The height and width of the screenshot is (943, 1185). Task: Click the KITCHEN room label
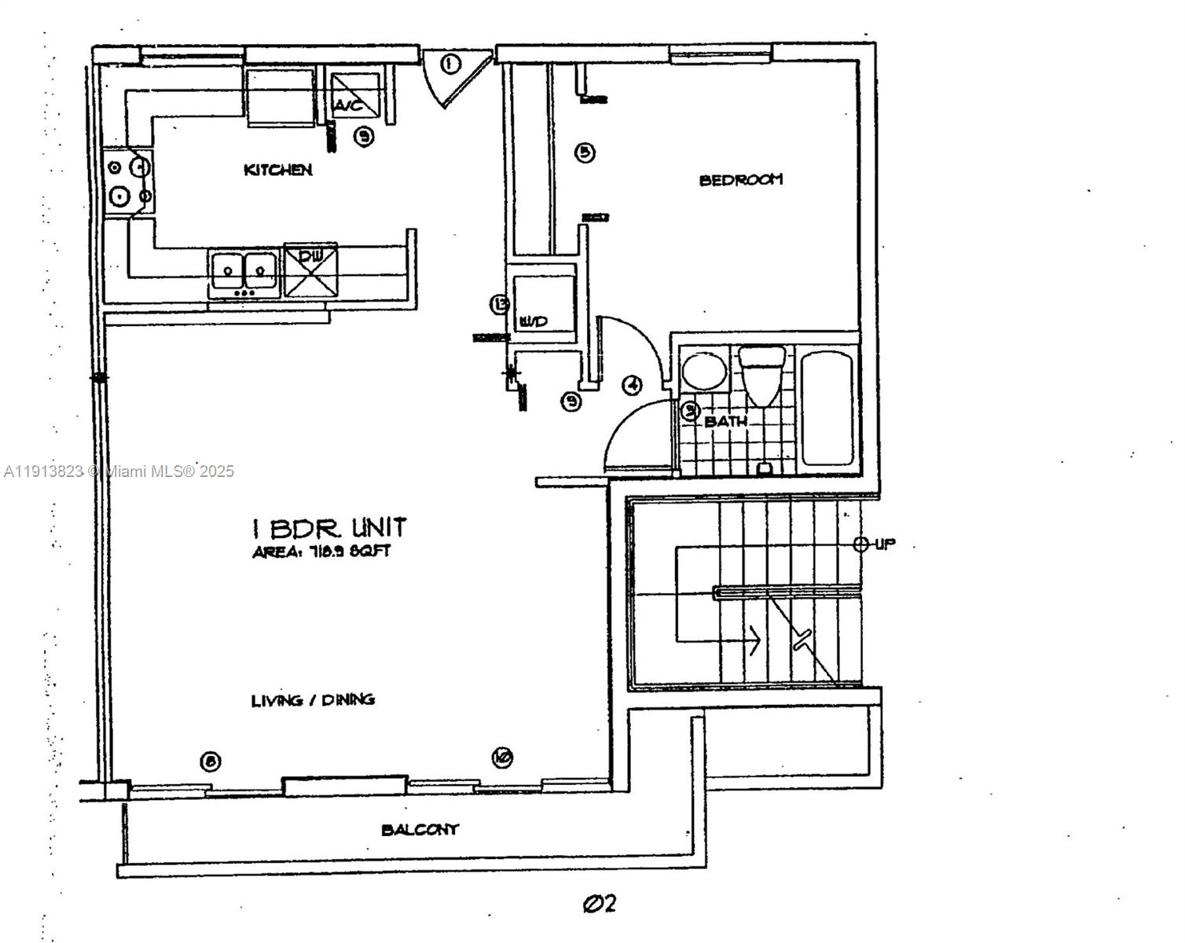coord(278,170)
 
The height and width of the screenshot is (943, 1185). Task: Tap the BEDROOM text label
coord(740,180)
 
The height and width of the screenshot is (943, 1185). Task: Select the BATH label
coord(725,422)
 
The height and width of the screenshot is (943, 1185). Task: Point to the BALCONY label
coord(420,830)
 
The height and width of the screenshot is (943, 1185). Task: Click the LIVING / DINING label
coord(313,700)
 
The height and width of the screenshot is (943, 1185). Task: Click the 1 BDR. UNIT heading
coord(328,527)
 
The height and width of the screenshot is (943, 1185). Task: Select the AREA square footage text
coord(321,552)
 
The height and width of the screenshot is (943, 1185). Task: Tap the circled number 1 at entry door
coord(449,64)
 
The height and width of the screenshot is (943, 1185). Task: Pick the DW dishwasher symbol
coord(311,271)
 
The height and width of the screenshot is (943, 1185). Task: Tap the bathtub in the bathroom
coord(827,408)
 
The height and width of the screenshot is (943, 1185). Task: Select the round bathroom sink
coord(703,372)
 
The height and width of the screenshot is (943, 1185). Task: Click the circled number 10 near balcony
coord(502,758)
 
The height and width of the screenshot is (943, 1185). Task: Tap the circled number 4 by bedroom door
coord(632,385)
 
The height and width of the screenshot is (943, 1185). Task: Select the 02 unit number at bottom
coord(600,904)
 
